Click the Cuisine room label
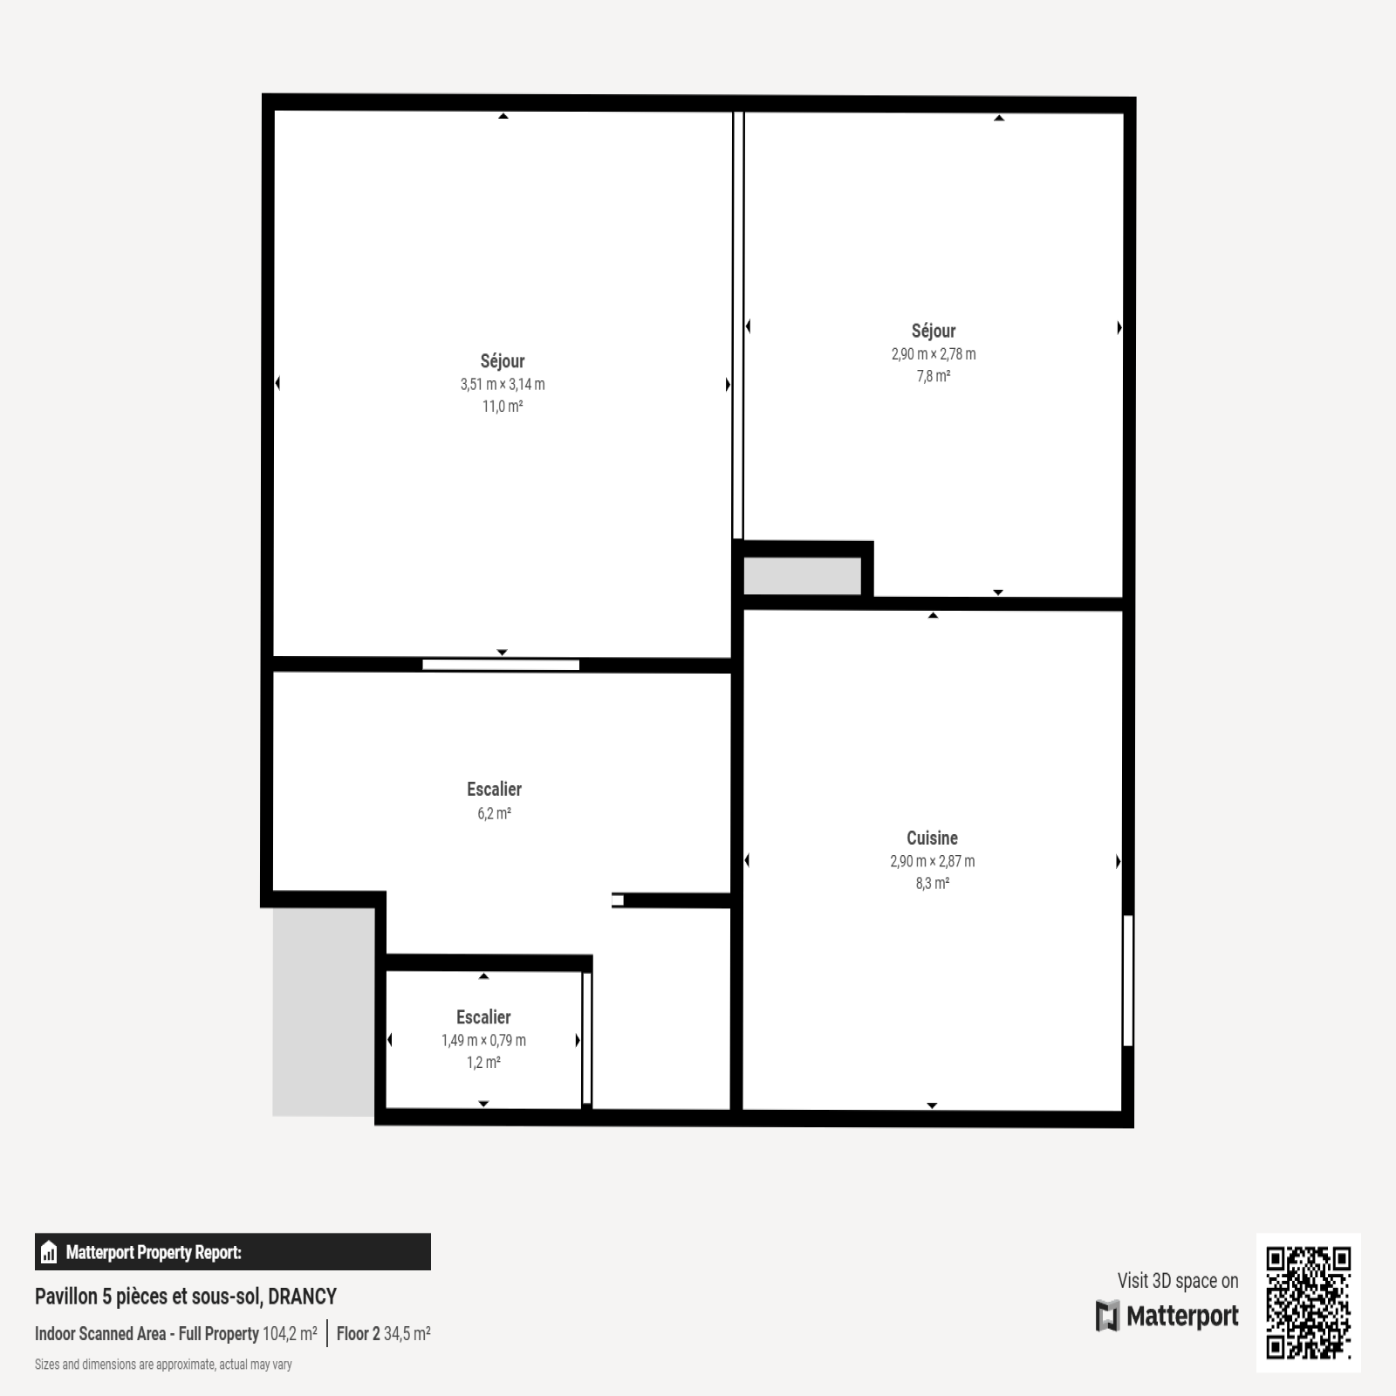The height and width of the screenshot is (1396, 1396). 932,838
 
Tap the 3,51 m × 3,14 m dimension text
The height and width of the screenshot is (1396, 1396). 503,384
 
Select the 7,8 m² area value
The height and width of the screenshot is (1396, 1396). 933,376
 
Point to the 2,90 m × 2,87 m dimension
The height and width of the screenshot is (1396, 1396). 932,861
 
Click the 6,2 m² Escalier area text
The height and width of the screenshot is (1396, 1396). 494,813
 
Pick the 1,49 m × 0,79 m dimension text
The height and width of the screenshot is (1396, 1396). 483,1040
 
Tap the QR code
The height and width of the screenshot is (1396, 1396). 1308,1302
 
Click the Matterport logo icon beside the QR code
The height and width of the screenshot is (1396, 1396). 1107,1316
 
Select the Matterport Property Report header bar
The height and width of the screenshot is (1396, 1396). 233,1252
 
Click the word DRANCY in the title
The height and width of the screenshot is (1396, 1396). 302,1297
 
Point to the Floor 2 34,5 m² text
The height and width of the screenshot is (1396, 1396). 384,1333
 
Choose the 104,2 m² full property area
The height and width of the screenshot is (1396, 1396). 290,1333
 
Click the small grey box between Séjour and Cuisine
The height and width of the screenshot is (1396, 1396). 802,576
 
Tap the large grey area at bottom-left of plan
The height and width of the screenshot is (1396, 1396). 324,1012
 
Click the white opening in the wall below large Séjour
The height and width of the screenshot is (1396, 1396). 501,665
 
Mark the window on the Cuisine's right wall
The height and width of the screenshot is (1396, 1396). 1127,980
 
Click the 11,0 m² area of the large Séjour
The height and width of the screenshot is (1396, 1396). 503,406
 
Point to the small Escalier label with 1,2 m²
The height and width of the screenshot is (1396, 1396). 483,1017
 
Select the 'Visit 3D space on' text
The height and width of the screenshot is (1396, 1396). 1178,1281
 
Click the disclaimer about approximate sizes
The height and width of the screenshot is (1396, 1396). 163,1365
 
